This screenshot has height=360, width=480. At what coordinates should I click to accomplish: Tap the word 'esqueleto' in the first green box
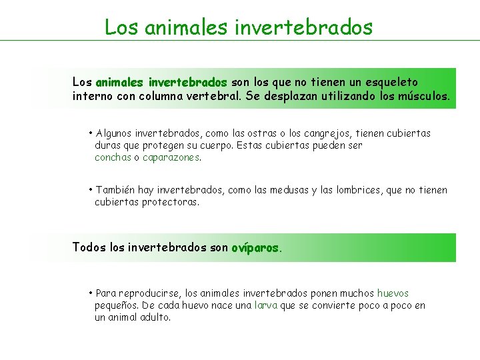pyautogui.click(x=392, y=82)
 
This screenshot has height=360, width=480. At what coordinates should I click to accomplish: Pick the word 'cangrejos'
pyautogui.click(x=341, y=133)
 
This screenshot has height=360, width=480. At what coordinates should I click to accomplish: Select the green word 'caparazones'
pyautogui.click(x=171, y=158)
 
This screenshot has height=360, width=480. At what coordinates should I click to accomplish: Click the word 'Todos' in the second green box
pyautogui.click(x=89, y=247)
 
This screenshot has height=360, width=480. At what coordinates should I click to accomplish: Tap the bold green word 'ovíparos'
pyautogui.click(x=256, y=247)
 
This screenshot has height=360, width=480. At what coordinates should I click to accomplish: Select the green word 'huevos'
pyautogui.click(x=393, y=293)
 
